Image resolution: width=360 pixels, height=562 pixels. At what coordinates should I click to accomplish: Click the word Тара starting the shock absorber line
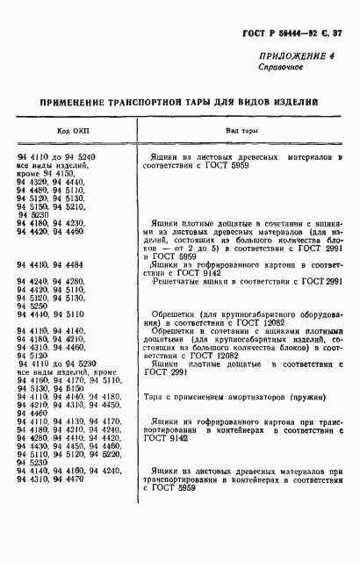[x=156, y=394]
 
